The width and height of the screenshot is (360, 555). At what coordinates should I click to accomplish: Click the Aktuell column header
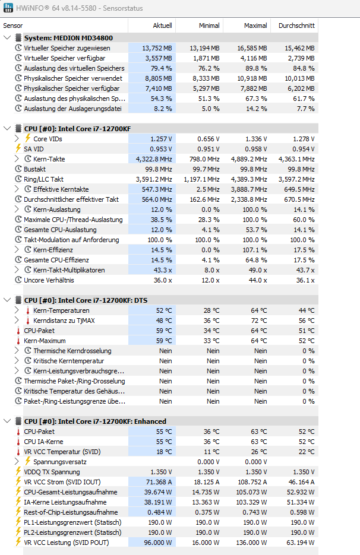coord(162,26)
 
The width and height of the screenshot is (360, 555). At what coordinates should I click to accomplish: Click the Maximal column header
coord(255,26)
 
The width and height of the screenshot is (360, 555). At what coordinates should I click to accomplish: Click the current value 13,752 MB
coord(157,48)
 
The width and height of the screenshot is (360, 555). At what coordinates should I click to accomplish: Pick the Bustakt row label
coord(34,169)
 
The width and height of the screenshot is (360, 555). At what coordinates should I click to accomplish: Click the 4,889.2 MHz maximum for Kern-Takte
coord(248,159)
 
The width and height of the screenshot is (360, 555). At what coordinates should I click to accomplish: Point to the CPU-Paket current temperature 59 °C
coord(164,331)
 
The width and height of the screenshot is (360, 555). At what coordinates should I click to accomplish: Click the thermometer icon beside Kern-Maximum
coord(18,341)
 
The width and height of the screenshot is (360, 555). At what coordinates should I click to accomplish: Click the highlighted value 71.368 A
coord(159,482)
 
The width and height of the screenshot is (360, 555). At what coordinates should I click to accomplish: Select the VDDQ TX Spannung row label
coord(52,472)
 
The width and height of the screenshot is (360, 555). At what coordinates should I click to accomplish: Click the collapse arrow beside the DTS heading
coord(7,300)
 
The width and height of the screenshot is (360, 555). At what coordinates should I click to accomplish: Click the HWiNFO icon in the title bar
coord(8,8)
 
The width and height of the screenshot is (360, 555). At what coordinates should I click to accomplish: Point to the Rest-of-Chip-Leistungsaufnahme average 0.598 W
coord(300,512)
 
